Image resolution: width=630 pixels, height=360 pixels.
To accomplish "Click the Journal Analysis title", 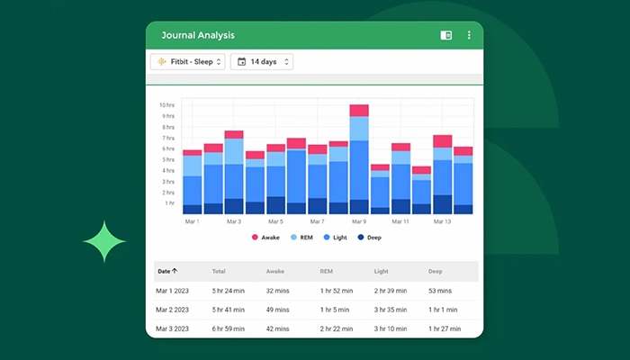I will coord(197,35).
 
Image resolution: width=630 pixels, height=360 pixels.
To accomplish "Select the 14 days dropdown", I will coord(261,62).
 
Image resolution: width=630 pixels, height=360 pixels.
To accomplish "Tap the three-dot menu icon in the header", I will coord(469,35).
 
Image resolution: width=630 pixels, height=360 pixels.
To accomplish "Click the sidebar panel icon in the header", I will coord(445,35).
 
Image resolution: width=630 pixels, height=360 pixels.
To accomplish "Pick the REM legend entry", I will coord(303,238).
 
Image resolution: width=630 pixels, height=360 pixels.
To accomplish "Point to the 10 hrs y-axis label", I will coord(166,105).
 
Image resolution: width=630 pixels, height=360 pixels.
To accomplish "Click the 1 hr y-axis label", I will coord(168,203).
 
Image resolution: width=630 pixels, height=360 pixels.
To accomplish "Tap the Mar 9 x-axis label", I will coord(359,221).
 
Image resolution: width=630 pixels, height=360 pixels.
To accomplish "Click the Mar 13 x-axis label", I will coord(442,221).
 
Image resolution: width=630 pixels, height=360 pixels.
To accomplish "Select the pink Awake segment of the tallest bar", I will coord(359,111).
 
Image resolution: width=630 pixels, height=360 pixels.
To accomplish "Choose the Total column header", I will coord(219,270).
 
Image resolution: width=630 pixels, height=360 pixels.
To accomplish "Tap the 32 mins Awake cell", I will coord(280,290).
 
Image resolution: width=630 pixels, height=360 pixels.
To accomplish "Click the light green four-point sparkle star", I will coord(104,240).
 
